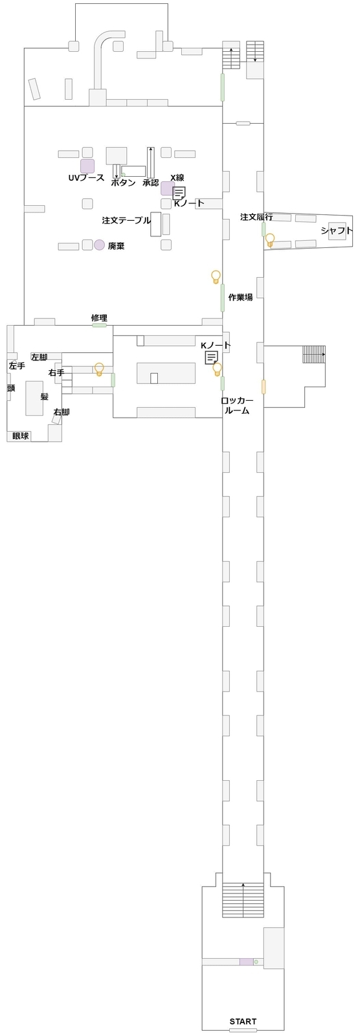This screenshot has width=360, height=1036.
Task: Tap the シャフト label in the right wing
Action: point(337,231)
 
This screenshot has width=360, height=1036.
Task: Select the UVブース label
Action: point(86,177)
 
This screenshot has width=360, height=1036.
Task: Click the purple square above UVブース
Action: point(87,166)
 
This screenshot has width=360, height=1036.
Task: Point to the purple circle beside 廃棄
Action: point(100,245)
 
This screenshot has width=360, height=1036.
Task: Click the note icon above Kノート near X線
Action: point(179,193)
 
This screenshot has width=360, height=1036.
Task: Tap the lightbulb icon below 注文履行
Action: point(270,240)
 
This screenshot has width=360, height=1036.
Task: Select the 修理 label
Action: point(99,318)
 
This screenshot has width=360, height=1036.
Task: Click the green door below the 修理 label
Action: point(99,325)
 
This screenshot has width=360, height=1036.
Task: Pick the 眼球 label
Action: point(20,436)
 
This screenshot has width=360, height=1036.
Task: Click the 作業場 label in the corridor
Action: point(241,297)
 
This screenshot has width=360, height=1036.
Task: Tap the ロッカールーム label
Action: point(237,405)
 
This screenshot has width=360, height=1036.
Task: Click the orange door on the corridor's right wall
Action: point(264,387)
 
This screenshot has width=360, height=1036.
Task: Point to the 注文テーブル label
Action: point(126,220)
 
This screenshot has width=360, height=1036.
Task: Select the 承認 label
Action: point(150,183)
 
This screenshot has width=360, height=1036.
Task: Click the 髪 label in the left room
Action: point(45,396)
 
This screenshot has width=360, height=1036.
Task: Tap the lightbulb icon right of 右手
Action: point(98,369)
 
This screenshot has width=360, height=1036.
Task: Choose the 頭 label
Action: point(11,388)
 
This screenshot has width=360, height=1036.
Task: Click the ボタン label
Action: point(123,183)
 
